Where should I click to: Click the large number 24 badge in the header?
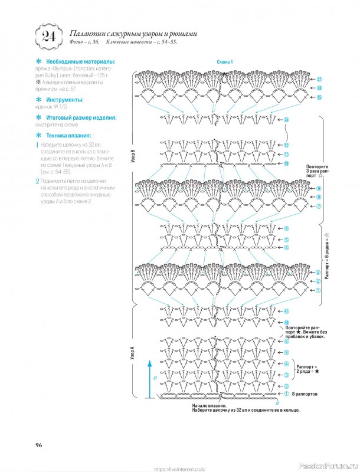(x=46, y=37)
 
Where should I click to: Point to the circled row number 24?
(x=286, y=120)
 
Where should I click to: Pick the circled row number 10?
(x=286, y=163)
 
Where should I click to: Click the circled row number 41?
(x=286, y=311)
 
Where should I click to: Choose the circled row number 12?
(x=286, y=145)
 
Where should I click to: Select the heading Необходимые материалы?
(x=75, y=61)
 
